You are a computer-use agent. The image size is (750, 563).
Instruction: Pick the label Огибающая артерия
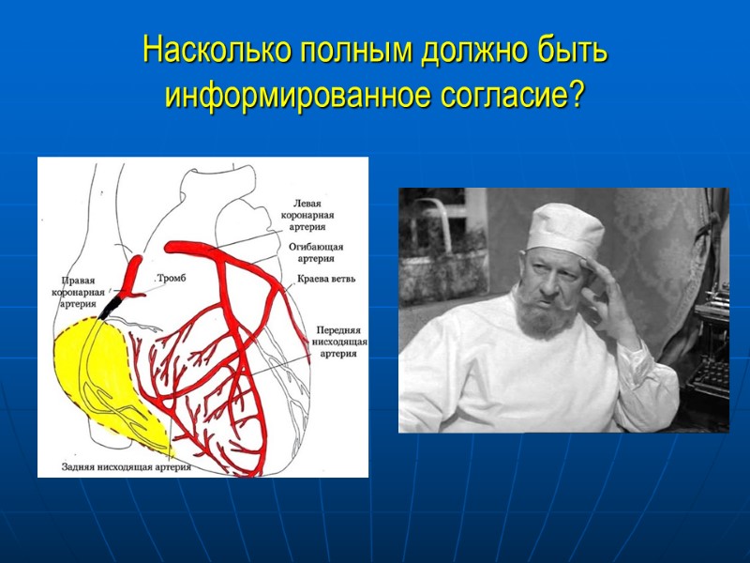click(x=316, y=252)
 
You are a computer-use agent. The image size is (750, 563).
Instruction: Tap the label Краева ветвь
click(x=325, y=279)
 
